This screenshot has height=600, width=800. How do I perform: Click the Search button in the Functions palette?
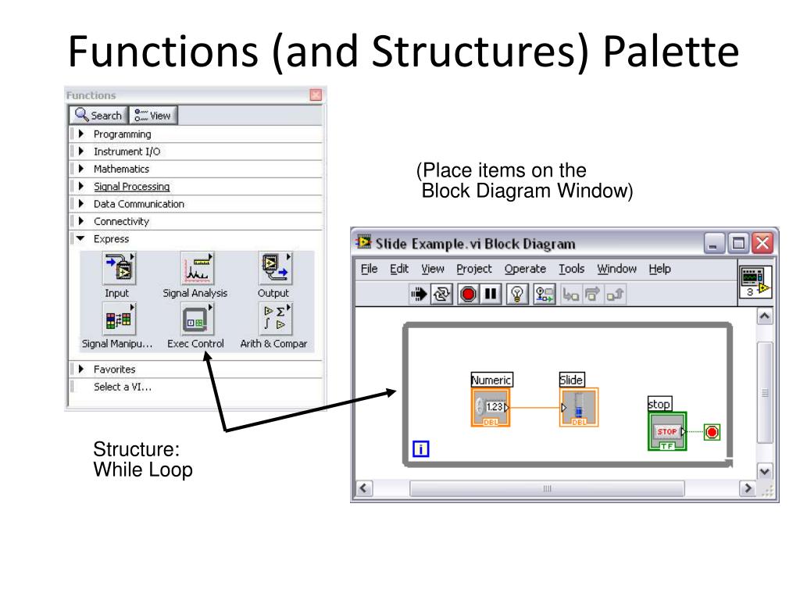[98, 116]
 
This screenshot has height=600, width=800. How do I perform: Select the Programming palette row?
[122, 134]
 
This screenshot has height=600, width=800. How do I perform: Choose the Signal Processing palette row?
[131, 187]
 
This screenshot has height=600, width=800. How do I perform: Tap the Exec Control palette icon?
[195, 320]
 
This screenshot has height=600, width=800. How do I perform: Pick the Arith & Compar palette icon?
[273, 320]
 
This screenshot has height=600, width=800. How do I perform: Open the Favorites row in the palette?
[114, 369]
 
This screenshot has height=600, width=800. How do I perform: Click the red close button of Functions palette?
[316, 95]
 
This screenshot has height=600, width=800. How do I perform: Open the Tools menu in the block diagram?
[571, 269]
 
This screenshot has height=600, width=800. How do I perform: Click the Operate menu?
[525, 269]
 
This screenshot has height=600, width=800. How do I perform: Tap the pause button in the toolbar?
[491, 294]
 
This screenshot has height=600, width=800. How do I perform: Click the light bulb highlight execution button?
[516, 294]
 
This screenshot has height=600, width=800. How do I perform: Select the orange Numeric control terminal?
[491, 407]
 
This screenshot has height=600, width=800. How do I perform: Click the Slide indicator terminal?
[578, 407]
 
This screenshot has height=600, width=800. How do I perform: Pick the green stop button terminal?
[666, 431]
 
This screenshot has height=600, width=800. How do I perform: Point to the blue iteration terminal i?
[420, 448]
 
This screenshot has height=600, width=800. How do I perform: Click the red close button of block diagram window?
[762, 243]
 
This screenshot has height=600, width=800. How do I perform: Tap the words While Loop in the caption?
[142, 471]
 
